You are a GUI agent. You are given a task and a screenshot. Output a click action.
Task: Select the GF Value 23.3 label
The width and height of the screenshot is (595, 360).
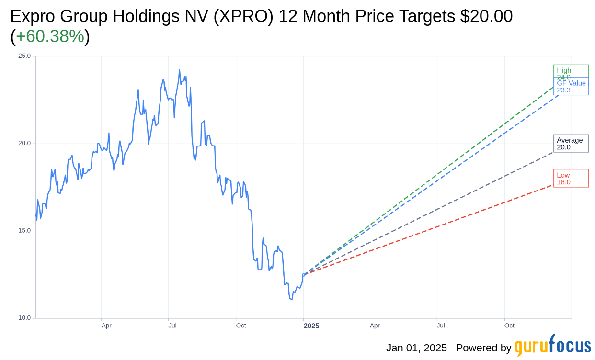[571, 87]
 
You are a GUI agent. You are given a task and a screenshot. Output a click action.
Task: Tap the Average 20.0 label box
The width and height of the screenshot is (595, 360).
[570, 144]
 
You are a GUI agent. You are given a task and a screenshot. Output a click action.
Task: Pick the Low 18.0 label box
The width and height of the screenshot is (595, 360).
[570, 179]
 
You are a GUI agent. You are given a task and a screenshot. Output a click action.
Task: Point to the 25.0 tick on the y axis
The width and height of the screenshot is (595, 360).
[24, 56]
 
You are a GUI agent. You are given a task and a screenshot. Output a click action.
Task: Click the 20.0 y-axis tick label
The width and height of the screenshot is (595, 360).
[24, 143]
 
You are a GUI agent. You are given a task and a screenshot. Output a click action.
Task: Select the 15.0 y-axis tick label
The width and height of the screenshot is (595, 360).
[24, 230]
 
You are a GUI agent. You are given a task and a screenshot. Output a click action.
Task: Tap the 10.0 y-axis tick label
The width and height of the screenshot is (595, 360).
[24, 318]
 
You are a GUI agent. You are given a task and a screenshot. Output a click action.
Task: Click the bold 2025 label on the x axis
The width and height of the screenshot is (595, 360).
[311, 326]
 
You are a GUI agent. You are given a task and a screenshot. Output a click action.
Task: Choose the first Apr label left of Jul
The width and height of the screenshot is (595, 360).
[106, 326]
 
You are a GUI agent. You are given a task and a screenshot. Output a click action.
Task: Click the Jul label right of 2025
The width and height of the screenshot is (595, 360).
[440, 326]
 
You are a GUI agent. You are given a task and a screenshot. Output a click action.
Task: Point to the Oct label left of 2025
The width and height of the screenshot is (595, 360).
[241, 326]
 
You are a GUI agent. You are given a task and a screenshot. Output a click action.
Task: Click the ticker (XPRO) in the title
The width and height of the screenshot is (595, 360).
[244, 16]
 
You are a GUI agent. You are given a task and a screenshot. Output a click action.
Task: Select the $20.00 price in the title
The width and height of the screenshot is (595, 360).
[486, 16]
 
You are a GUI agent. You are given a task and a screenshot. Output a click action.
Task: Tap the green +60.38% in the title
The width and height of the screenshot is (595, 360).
[50, 36]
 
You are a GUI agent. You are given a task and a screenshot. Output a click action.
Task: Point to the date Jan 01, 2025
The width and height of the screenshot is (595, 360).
[416, 348]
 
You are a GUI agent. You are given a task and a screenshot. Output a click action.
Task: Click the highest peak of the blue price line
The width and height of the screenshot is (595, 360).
[180, 70]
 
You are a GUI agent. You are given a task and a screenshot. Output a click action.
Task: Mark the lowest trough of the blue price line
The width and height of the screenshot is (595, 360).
[291, 300]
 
